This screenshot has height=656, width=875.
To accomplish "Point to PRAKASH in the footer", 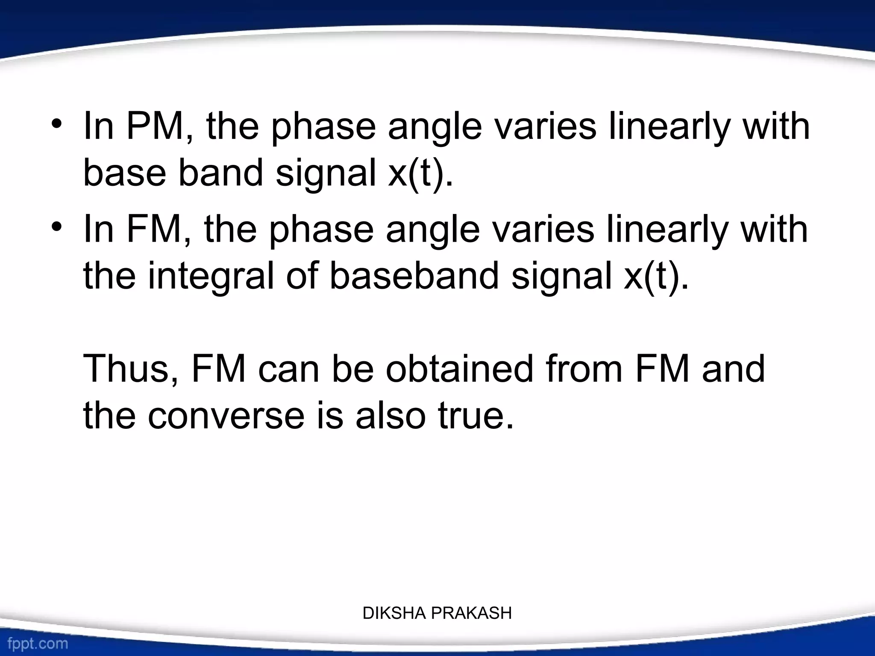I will (x=471, y=613).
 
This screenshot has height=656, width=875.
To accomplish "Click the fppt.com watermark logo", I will (x=38, y=643).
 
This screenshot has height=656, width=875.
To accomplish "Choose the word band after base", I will (x=220, y=173).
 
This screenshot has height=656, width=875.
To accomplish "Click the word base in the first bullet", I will (x=124, y=173).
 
